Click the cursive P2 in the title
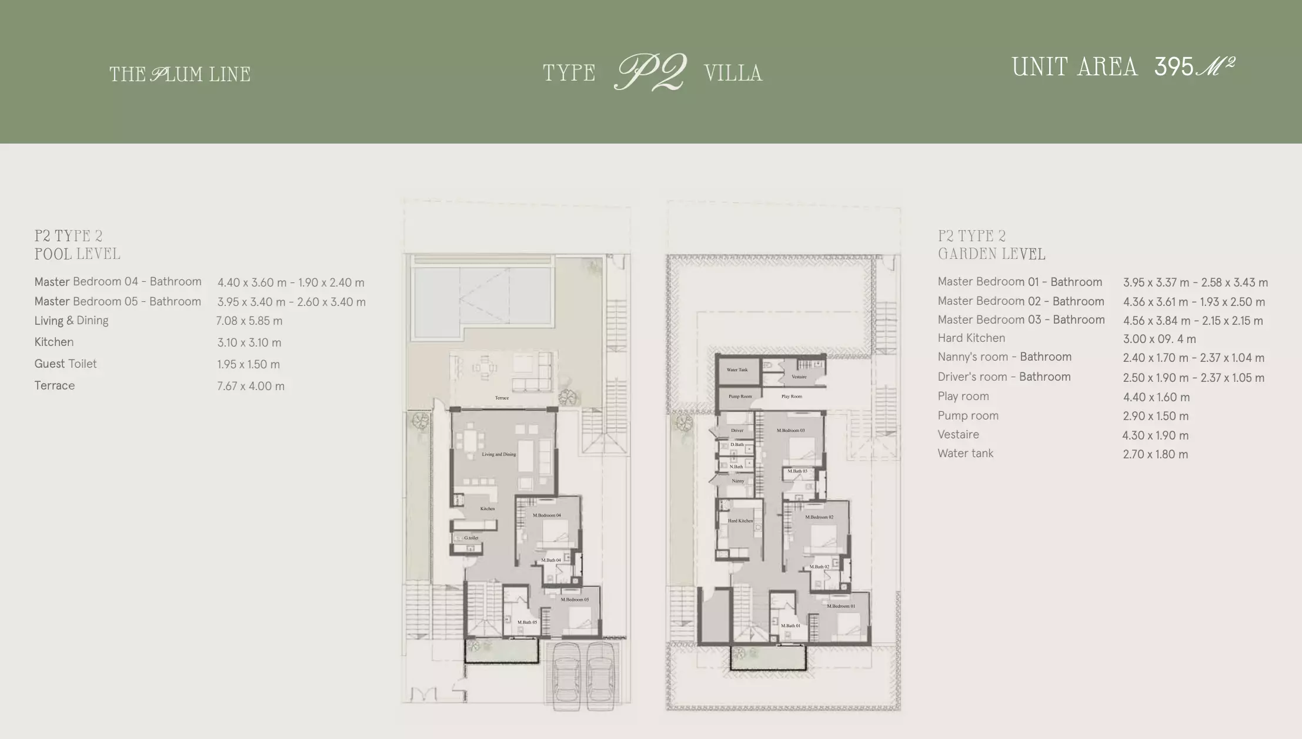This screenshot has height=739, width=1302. click(650, 72)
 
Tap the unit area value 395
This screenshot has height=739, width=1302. click(1173, 67)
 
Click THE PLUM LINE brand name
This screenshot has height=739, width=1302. click(180, 74)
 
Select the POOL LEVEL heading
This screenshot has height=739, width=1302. click(77, 254)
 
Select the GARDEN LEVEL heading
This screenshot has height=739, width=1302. click(991, 254)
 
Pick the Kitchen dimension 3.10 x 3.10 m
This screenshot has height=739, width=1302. click(249, 342)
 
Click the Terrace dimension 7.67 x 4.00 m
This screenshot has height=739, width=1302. click(251, 386)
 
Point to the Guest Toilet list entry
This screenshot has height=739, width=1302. click(65, 364)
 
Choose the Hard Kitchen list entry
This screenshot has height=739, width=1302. click(971, 338)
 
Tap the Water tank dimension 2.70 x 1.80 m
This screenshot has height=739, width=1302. click(1155, 454)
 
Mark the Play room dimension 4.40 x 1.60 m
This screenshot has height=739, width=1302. click(1156, 397)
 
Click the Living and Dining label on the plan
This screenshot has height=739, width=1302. click(499, 454)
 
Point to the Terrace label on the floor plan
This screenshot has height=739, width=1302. click(502, 398)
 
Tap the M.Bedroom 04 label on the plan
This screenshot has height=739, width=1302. click(547, 515)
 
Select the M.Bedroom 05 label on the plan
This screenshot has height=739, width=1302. click(575, 600)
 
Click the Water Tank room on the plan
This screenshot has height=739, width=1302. click(737, 370)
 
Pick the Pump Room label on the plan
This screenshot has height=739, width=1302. click(740, 396)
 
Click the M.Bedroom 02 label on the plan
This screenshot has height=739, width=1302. click(819, 517)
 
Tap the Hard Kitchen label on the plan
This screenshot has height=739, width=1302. click(740, 521)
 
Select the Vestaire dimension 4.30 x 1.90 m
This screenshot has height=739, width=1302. click(1155, 435)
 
